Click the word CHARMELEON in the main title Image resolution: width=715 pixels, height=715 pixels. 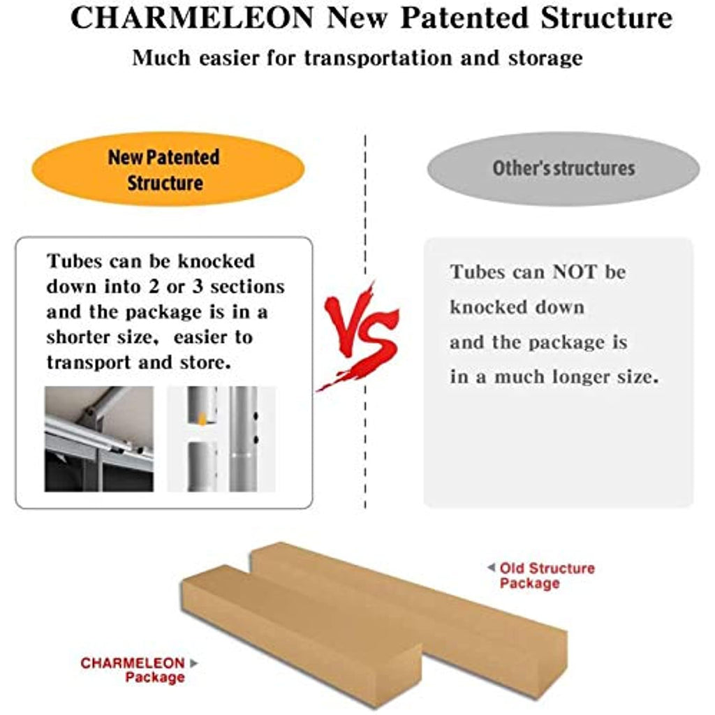pos(192,17)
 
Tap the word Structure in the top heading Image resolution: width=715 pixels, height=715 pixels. pos(607,17)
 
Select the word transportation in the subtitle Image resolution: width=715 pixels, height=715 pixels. pos(378,59)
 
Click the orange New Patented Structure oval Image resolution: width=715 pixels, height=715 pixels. pos(168,169)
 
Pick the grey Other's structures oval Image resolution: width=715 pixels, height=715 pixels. pos(563,169)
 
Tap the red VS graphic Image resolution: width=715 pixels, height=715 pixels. pos(360,335)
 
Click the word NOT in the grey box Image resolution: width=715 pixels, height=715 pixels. pos(574,272)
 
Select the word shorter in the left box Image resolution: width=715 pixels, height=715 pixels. pos(77,337)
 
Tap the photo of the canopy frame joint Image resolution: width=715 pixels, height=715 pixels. pos(99,439)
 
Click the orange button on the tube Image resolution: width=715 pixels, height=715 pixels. pos(202,419)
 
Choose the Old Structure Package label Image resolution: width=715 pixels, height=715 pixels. pos(547,575)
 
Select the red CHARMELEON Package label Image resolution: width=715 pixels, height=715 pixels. pos(133,670)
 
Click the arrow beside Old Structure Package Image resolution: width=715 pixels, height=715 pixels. pos(491,568)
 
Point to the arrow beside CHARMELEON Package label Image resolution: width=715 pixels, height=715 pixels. pos(194,663)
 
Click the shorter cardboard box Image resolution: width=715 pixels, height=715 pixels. pos(301,634)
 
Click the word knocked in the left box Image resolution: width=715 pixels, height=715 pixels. pos(216,261)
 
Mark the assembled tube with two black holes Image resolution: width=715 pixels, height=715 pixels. pos(244,439)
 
